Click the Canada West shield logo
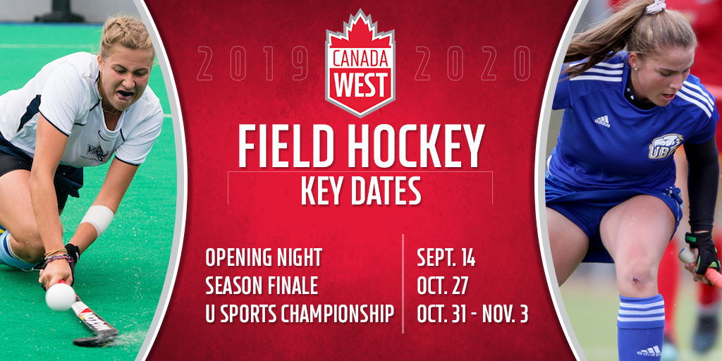(x=360, y=63)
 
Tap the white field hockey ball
(x=61, y=296)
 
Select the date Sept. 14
(x=446, y=258)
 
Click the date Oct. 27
(x=443, y=286)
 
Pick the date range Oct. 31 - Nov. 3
(x=472, y=314)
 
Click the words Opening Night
(x=264, y=258)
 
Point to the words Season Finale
(x=262, y=286)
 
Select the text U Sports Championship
(x=300, y=314)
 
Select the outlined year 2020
(x=472, y=63)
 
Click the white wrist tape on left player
(x=97, y=220)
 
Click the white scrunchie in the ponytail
(x=655, y=7)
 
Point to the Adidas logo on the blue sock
(x=649, y=351)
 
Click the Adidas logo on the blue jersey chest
(x=602, y=121)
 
